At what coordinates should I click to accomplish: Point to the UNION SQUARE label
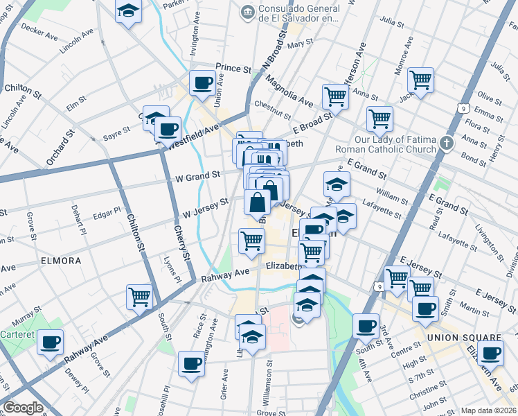(463, 338)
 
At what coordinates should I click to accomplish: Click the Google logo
(23, 408)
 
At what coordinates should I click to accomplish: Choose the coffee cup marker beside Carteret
(50, 343)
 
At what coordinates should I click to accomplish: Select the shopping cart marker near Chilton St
(140, 297)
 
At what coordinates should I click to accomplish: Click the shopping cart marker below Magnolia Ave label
(336, 96)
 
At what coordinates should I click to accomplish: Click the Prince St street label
(233, 69)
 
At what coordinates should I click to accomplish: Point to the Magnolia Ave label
(287, 92)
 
